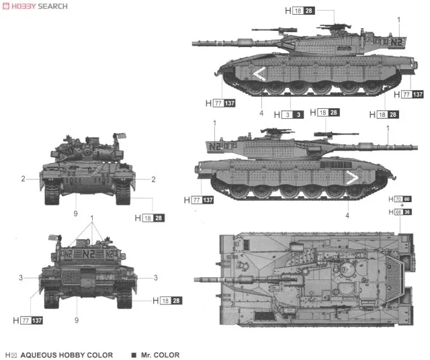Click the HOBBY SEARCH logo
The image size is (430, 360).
tap(35, 6)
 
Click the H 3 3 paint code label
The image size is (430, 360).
tap(288, 114)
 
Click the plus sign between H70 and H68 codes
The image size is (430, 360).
tap(402, 206)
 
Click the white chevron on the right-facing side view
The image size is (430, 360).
tap(350, 178)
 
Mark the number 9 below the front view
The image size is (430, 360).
tap(76, 214)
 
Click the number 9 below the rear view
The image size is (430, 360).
tap(76, 320)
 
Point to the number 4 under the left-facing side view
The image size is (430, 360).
tap(261, 113)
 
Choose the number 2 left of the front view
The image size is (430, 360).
tap(23, 179)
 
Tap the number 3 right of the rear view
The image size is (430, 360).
tap(155, 277)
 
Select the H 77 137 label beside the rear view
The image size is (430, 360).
tap(30, 320)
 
